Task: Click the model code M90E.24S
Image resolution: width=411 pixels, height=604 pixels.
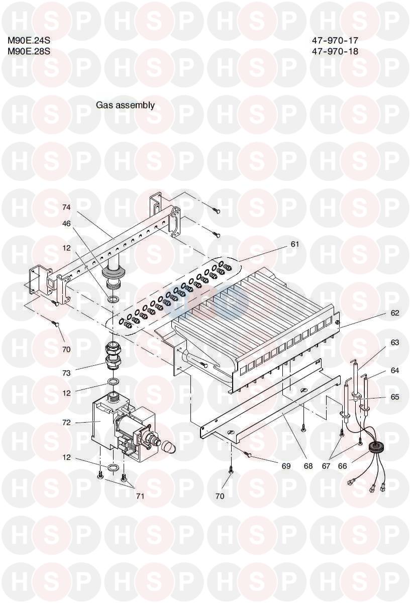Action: [29, 41]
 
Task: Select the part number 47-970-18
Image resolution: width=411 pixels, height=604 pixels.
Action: [335, 51]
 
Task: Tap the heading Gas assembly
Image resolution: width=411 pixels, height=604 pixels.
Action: [126, 105]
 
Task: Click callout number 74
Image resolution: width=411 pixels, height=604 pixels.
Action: [66, 208]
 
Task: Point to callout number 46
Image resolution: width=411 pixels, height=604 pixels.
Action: [66, 224]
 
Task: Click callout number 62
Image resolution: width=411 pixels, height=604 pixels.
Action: [394, 313]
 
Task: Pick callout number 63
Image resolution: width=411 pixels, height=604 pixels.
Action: [394, 342]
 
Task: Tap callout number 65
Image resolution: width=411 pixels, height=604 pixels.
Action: [394, 397]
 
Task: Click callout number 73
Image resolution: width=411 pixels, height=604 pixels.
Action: [66, 373]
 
